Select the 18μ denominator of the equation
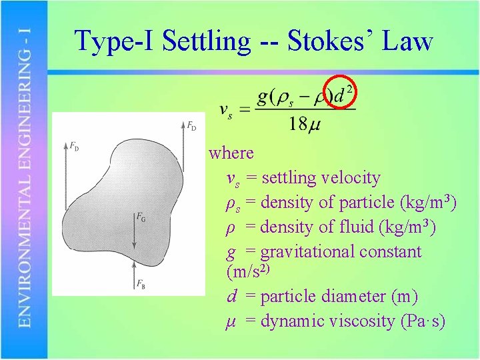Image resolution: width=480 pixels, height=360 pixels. [x=304, y=123]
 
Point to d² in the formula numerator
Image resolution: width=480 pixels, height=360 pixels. [x=344, y=95]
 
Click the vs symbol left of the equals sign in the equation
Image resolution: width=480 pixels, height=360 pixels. [x=226, y=110]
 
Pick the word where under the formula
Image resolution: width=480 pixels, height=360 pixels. [x=231, y=153]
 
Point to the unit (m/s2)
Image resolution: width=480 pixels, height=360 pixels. [x=248, y=272]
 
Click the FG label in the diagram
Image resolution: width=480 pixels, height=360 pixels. [x=141, y=217]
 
